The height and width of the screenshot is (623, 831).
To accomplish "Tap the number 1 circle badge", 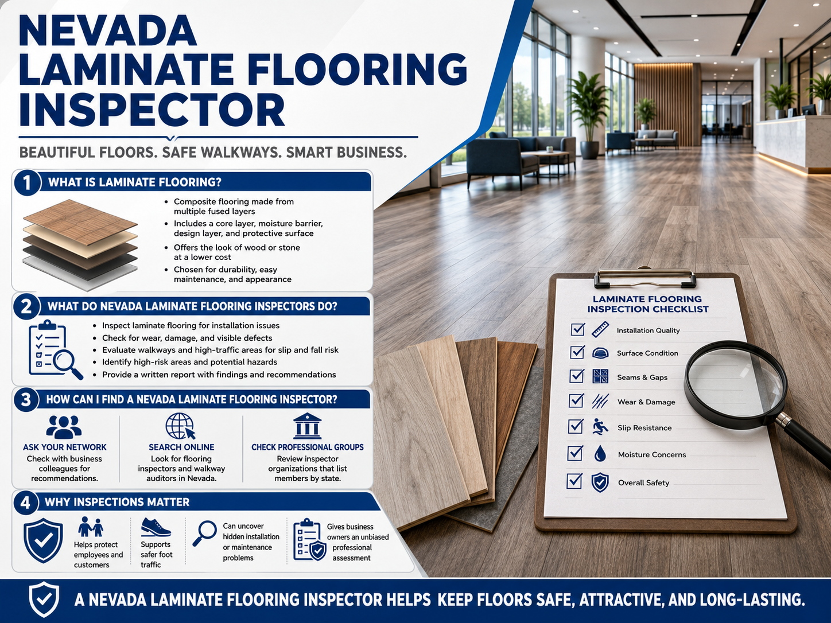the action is coord(26,182).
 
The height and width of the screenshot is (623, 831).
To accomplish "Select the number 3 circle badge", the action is coord(26,399).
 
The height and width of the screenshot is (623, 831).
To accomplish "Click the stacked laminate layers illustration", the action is coord(80,245).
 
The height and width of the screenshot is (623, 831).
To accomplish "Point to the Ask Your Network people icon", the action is coord(64,427).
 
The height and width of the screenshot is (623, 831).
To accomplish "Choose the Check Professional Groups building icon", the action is coord(307,426).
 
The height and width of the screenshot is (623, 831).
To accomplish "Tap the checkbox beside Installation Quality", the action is coord(578,329).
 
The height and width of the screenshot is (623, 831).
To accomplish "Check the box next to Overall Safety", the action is coord(574,481).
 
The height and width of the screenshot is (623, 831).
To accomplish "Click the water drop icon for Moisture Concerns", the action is coord(600,454).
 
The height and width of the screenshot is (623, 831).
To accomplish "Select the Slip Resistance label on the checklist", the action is coord(644,428).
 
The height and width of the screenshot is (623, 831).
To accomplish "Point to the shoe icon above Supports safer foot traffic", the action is coord(156,527).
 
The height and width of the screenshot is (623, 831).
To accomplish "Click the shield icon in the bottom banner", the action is coord(44,599).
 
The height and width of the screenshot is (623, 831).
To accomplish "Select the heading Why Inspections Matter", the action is coord(117,502).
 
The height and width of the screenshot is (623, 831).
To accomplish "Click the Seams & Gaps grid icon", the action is coord(600,376).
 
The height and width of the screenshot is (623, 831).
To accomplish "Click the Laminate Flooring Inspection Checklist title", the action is coord(648,304).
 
